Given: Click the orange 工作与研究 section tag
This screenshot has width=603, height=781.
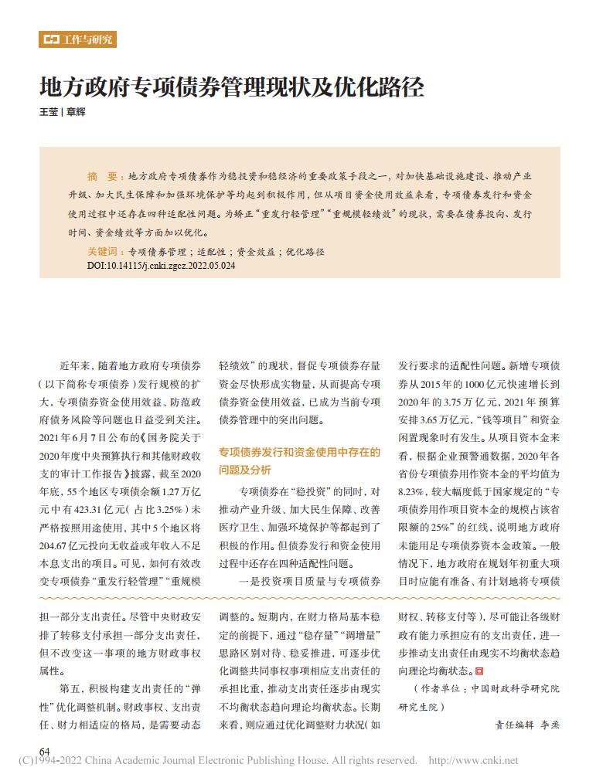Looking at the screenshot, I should (77, 39).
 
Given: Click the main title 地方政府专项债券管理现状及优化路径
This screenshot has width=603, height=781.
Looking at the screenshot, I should (232, 87).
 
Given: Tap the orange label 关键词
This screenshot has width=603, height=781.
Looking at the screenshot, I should (106, 252).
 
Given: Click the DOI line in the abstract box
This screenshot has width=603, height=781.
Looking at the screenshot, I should (161, 265).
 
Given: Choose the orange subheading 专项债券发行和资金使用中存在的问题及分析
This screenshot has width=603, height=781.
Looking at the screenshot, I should (299, 460).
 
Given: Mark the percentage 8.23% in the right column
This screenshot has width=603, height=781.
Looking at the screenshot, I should (412, 491).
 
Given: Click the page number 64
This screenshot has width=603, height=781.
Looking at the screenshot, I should (45, 751).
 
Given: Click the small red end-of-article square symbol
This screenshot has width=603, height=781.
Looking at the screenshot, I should (479, 671).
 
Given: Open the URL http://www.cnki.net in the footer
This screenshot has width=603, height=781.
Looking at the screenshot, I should (472, 761).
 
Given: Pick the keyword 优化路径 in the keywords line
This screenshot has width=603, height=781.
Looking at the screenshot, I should (305, 252).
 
